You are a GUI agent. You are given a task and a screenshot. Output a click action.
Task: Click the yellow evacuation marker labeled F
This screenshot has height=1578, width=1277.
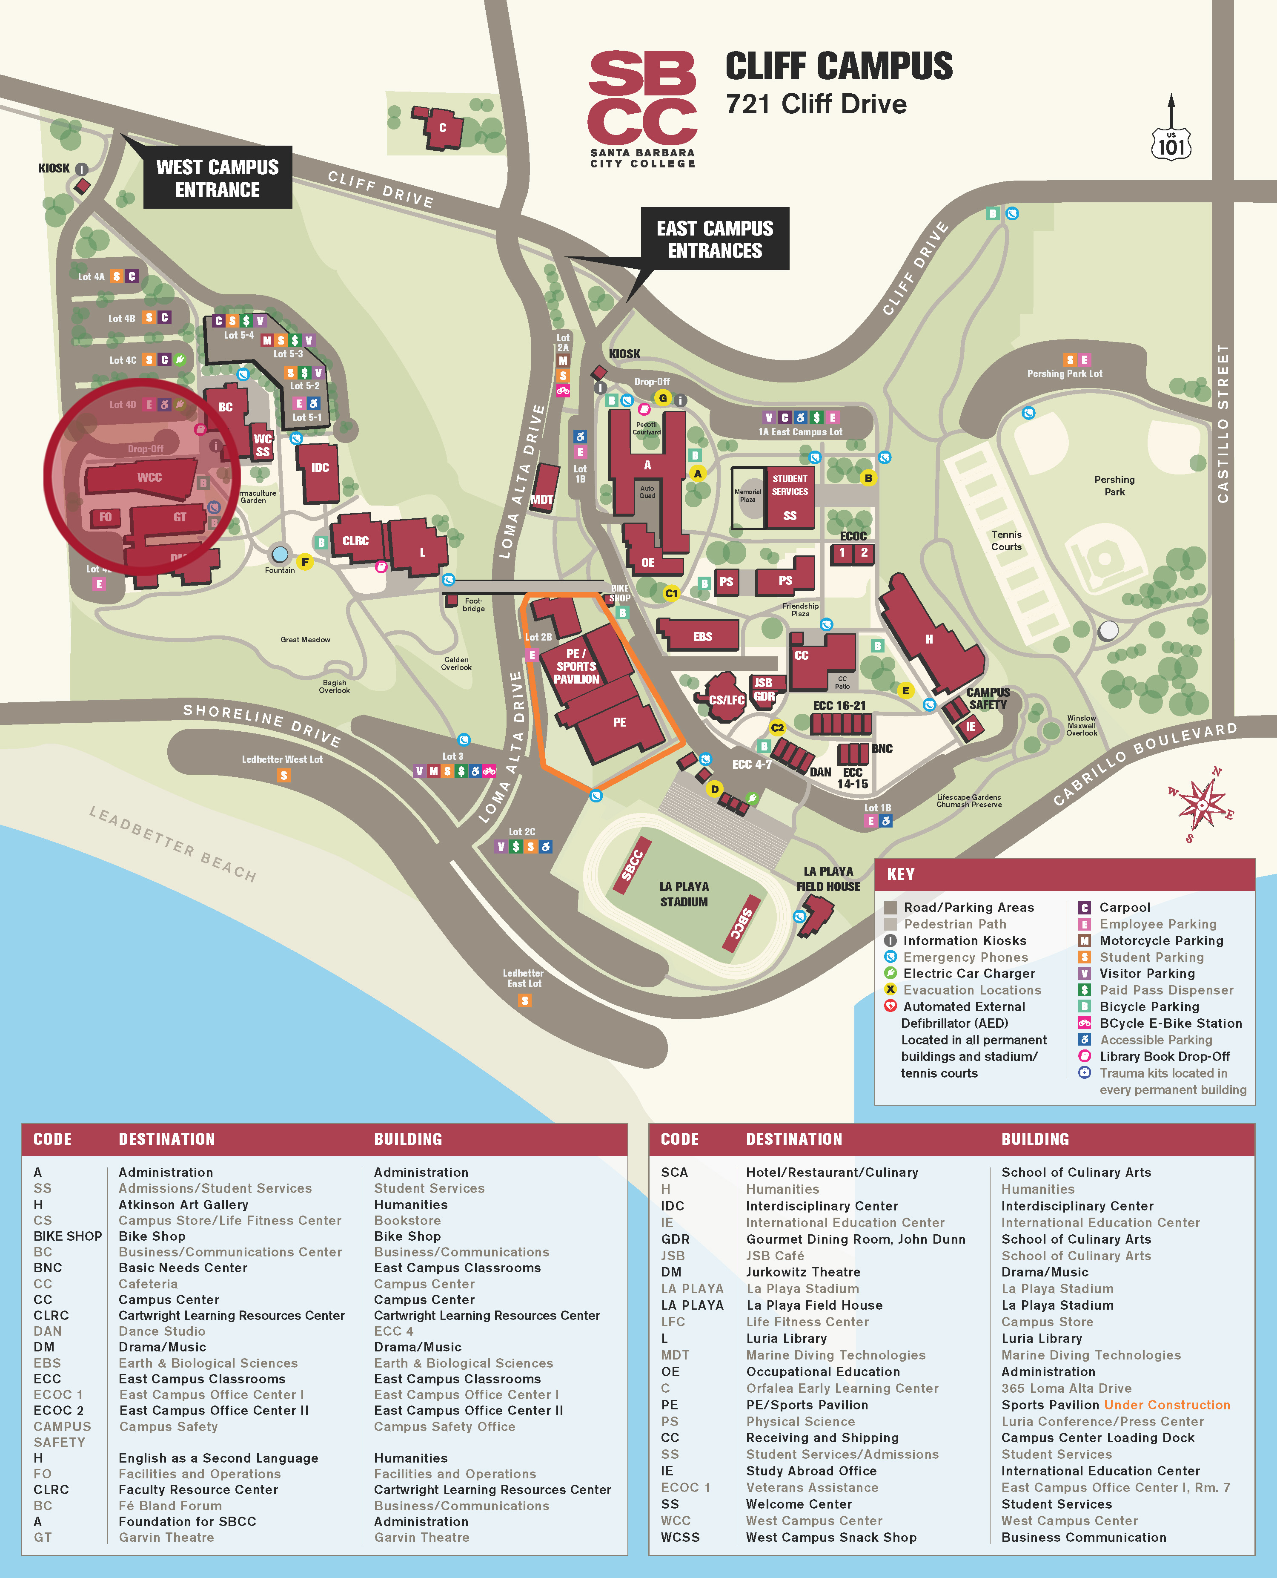point(304,562)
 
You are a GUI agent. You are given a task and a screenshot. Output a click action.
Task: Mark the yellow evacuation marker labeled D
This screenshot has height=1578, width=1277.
point(714,789)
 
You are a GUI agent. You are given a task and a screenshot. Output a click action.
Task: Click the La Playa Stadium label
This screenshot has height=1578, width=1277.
point(684,894)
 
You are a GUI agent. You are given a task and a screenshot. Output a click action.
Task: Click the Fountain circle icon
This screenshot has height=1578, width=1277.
point(280,554)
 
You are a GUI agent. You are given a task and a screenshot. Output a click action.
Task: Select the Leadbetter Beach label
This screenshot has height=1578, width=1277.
point(173,843)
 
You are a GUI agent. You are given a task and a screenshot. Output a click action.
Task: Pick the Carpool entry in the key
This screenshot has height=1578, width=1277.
point(1124,908)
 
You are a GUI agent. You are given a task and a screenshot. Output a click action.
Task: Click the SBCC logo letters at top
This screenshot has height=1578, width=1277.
point(642,98)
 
